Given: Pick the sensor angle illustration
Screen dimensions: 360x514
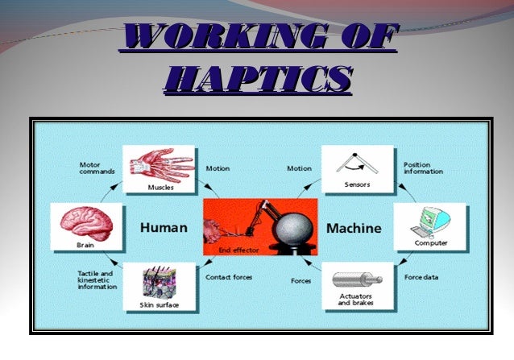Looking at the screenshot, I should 358,164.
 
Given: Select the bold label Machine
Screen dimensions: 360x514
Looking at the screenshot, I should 353,229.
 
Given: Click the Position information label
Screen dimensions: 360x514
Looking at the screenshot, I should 424,168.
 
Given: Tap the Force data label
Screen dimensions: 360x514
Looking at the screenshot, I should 421,278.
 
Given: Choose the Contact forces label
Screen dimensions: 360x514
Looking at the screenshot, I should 230,278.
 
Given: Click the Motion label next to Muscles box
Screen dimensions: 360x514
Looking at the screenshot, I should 218,169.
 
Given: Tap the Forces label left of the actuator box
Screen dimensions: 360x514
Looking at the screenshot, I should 301,281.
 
